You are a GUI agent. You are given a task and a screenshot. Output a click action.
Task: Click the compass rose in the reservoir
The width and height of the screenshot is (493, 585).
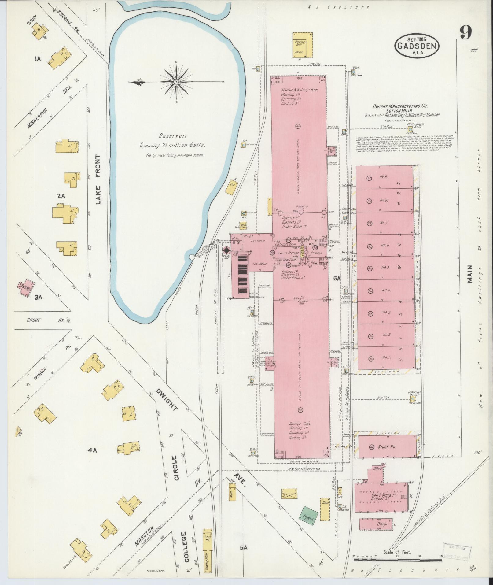(176, 82)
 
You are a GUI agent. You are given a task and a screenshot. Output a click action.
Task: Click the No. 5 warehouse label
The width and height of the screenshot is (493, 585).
(385, 268)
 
